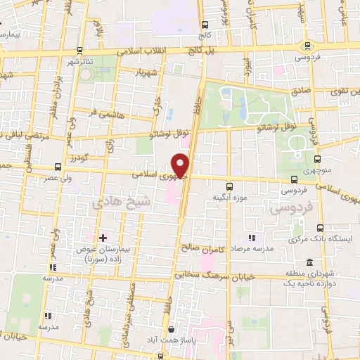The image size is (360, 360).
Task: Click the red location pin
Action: click(x=182, y=166)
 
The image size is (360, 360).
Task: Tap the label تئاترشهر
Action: click(x=79, y=61)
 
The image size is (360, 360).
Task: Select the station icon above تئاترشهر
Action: click(x=79, y=51)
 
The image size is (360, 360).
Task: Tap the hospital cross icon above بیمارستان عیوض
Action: click(x=103, y=238)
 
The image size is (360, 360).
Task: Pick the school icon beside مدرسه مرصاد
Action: click(x=251, y=237)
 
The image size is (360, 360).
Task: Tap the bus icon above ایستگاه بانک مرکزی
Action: click(x=320, y=228)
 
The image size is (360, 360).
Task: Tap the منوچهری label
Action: click(x=316, y=169)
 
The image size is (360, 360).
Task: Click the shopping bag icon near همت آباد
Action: click(x=169, y=328)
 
